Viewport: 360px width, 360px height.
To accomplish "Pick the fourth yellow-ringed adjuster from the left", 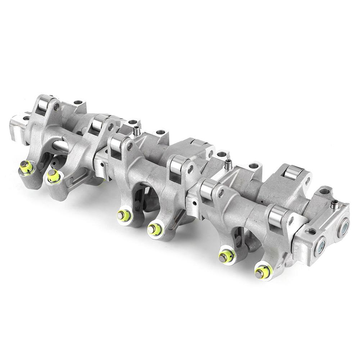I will (155, 229).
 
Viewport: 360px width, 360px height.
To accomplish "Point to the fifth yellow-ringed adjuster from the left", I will (225, 256).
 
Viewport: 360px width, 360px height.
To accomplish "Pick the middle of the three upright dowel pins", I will (228, 165).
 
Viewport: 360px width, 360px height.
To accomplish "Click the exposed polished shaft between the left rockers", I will (61, 146).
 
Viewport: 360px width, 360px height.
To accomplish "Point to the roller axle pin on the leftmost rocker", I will (56, 106).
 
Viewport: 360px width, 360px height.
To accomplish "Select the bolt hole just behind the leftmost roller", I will (78, 103).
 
